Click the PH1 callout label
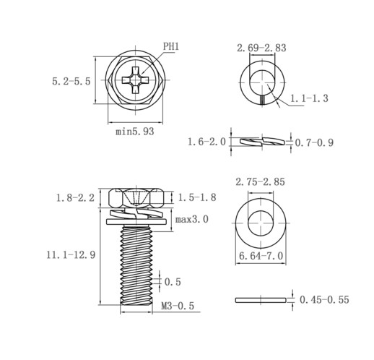pyautogui.click(x=171, y=46)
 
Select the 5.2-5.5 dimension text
pyautogui.click(x=71, y=81)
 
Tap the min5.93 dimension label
pyautogui.click(x=134, y=132)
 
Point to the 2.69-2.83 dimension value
pyautogui.click(x=261, y=48)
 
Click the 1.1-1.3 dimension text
pyautogui.click(x=309, y=98)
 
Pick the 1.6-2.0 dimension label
pyautogui.click(x=206, y=142)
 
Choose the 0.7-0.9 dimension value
pyautogui.click(x=314, y=142)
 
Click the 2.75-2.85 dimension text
pyautogui.click(x=260, y=181)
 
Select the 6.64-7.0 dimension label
pyautogui.click(x=261, y=256)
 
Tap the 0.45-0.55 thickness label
pyautogui.click(x=324, y=300)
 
